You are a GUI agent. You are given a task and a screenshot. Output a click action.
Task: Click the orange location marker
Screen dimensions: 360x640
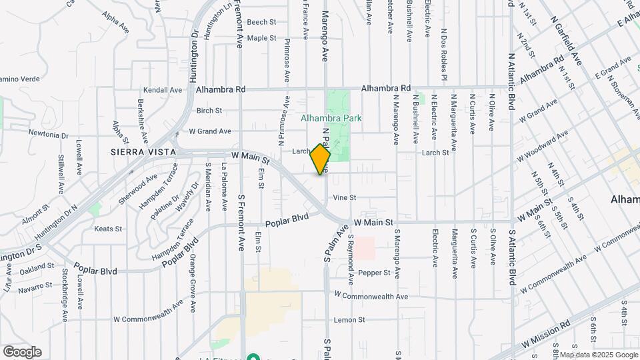coord(321,159)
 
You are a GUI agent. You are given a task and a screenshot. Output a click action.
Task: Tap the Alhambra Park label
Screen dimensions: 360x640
coord(331,118)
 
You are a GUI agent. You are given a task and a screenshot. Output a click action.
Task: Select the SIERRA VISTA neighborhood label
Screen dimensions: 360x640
coord(143,152)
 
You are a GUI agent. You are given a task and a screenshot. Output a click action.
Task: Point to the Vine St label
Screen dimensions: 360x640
coord(345,197)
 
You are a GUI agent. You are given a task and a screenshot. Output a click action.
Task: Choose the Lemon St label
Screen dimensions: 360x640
coord(349,320)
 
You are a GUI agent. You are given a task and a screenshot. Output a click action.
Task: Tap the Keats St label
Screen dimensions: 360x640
coord(109,229)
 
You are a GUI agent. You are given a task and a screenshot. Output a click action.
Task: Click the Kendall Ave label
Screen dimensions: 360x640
coord(163,90)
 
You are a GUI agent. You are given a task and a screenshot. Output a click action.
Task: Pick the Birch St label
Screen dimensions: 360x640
coord(209,110)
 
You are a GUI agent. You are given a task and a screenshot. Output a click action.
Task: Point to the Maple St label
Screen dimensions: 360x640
coord(261,38)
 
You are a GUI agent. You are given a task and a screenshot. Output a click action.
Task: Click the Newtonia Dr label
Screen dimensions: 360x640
coord(49,134)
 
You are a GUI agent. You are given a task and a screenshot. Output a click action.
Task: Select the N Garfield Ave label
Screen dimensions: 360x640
coord(568,41)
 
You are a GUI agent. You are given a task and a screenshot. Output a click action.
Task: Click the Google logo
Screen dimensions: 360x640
coord(22,351)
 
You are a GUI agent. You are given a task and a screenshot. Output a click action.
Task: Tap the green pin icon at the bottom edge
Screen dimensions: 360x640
coord(253,356)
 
